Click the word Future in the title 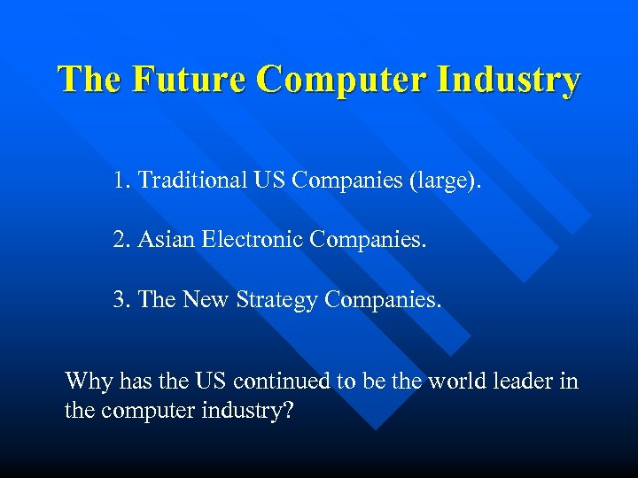point(190,79)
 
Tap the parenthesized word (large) point(445,181)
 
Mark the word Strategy point(277,299)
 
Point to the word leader point(515,382)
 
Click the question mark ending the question point(287,412)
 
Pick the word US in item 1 point(268,181)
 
